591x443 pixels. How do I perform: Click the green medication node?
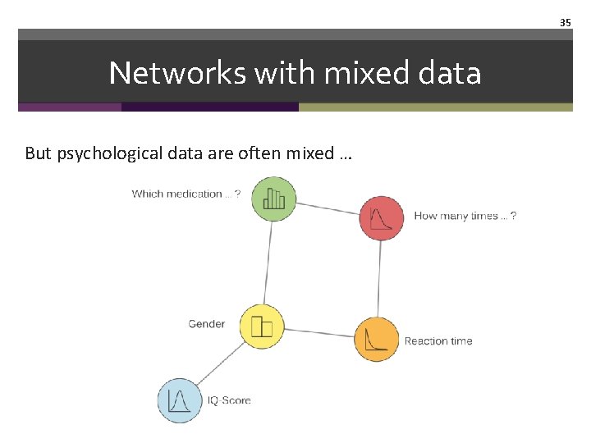[x=273, y=199]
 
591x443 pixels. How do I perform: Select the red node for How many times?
[x=382, y=218]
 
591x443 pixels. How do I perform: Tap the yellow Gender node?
[x=261, y=327]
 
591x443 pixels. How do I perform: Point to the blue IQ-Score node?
[x=180, y=400]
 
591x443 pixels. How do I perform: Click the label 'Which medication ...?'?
[x=186, y=194]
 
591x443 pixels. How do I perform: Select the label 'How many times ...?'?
[x=465, y=216]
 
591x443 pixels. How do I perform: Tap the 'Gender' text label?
[x=206, y=324]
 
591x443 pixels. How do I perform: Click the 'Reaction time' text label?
[x=438, y=341]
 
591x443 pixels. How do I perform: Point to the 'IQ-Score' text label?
[x=229, y=400]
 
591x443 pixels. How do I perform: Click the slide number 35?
[x=565, y=23]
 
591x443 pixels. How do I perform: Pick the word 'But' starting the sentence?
[x=39, y=153]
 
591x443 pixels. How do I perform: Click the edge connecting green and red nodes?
[x=328, y=208]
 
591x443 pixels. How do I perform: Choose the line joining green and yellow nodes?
[x=268, y=263]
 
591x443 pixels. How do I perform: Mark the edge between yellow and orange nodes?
[x=318, y=333]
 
